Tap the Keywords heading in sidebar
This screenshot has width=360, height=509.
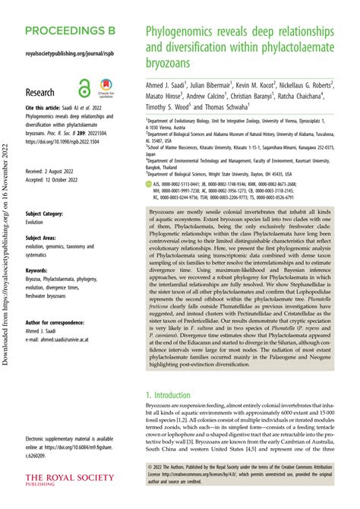36,270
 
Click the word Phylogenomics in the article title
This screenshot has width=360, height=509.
188,34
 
